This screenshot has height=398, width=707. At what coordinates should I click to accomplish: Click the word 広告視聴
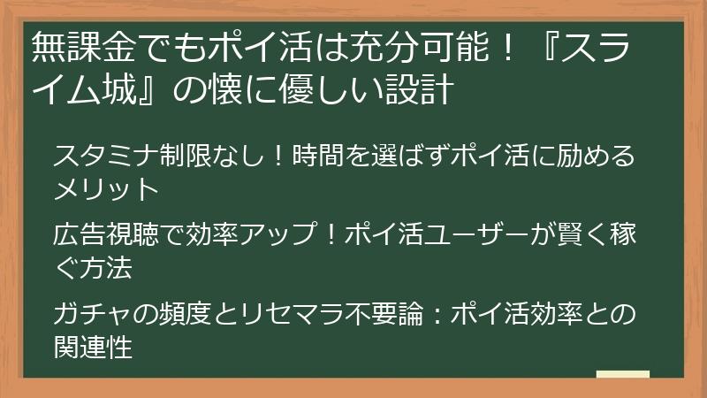(x=105, y=236)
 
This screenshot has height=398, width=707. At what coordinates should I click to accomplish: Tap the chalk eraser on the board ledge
(x=623, y=374)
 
